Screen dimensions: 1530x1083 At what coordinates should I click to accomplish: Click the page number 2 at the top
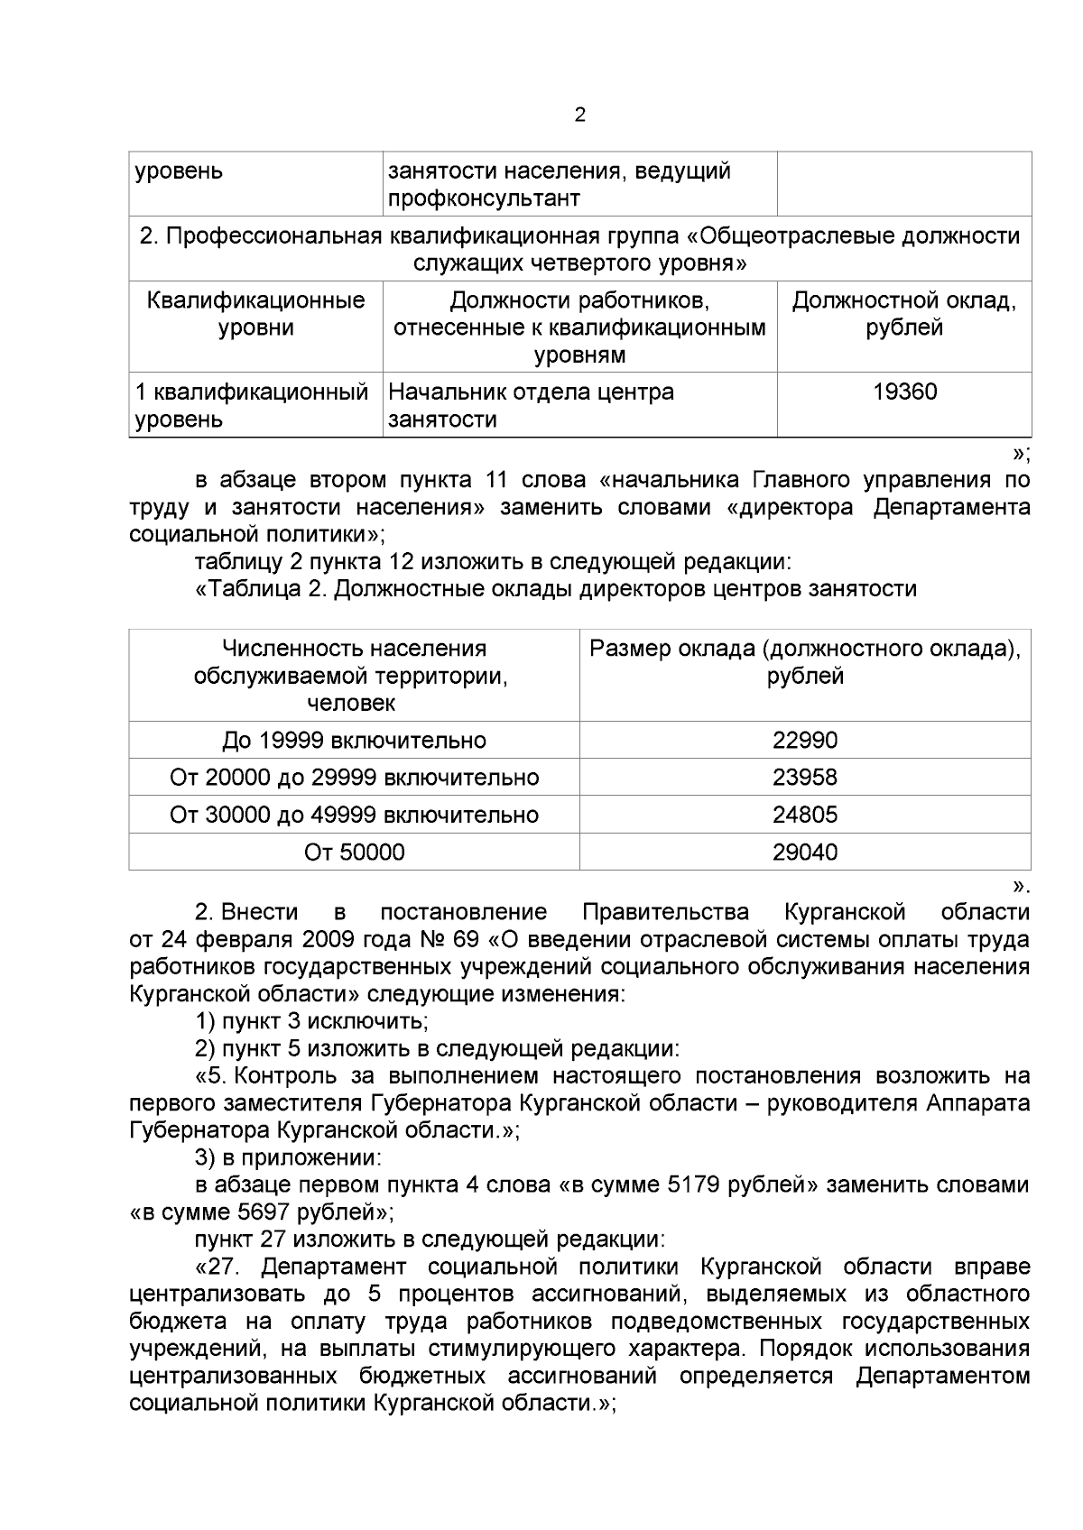click(x=579, y=115)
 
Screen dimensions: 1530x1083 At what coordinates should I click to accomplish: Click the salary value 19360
click(x=904, y=392)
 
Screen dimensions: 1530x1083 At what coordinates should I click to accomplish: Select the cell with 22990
click(x=805, y=741)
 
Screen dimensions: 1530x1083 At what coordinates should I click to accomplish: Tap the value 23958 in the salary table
click(x=805, y=778)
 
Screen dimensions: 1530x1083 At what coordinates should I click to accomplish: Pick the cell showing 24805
click(x=805, y=815)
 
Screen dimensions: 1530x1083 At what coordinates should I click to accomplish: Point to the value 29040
click(x=805, y=852)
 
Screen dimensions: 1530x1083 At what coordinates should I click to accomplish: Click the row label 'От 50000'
click(x=354, y=852)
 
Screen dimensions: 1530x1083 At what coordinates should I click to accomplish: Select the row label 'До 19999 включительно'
click(x=354, y=741)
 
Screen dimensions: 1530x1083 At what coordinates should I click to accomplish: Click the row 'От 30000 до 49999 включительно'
click(x=354, y=815)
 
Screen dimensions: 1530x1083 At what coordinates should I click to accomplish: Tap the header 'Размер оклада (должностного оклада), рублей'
click(x=805, y=662)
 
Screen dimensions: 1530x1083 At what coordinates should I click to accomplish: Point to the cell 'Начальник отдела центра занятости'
click(x=531, y=405)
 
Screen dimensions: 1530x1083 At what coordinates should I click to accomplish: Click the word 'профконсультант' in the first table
click(x=484, y=198)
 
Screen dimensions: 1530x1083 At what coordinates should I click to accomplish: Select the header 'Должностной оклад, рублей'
click(x=904, y=314)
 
